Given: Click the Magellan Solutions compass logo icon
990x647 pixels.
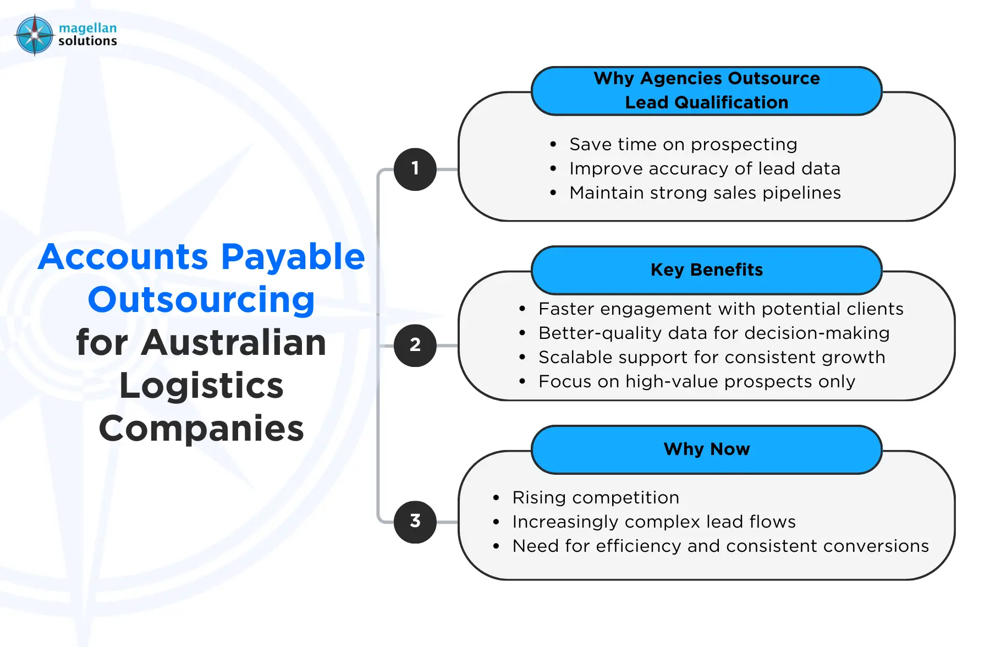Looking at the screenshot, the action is pos(35,35).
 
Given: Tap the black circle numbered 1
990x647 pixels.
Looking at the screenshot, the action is pos(415,169).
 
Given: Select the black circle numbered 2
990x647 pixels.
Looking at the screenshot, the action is pos(415,346).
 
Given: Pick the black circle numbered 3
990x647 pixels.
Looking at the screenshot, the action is pos(415,522).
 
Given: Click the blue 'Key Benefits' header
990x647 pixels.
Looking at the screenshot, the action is pos(707,270).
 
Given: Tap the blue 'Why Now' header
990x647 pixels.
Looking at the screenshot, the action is pos(707,449).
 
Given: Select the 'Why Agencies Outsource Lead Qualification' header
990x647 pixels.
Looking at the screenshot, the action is pos(707,90).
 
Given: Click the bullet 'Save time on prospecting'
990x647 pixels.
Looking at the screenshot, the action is pos(683,144).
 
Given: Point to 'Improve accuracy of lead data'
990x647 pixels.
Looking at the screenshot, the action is pos(705,168).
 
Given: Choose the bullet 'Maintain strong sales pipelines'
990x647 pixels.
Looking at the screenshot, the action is pos(705,193).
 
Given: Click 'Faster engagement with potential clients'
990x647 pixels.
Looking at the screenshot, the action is pos(721,309).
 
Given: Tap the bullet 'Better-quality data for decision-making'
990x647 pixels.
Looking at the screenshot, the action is pos(714,333).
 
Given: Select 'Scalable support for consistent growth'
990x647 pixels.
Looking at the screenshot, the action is pos(712,357).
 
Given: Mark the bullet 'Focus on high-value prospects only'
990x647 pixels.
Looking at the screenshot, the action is pos(697,381).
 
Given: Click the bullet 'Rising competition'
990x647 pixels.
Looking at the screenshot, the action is pos(596,497).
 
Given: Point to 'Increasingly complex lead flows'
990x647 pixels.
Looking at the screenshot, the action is pos(654,522).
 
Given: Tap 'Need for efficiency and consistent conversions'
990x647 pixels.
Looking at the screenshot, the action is pos(721,546).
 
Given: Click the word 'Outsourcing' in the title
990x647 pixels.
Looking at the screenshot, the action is pos(201,300).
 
